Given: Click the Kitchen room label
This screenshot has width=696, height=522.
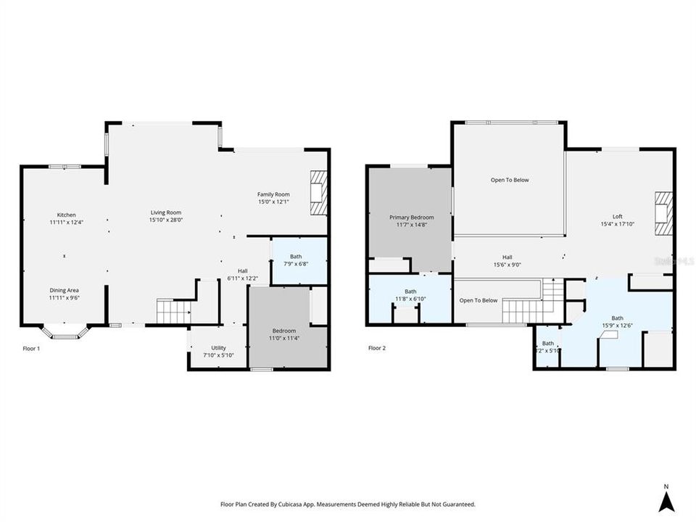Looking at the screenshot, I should pos(67,215).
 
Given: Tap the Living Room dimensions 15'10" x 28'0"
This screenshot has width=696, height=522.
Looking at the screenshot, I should pos(166,220).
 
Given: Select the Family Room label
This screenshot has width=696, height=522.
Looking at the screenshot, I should pos(273,194).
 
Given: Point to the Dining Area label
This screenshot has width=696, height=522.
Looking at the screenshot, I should pos(64,290).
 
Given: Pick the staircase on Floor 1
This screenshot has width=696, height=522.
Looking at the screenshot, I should pos(173,312).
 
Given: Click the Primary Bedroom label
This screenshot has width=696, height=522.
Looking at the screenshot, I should pos(411,217).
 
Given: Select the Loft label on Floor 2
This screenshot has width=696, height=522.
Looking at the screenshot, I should pos(617,216).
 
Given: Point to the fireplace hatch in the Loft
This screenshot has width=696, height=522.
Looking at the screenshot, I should pos(664,214).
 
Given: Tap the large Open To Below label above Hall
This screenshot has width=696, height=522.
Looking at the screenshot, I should pos(510,180).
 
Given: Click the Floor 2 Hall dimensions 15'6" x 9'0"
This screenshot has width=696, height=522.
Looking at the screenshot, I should pos(508,265).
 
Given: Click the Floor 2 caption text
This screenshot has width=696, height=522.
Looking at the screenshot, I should pos(377,348).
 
